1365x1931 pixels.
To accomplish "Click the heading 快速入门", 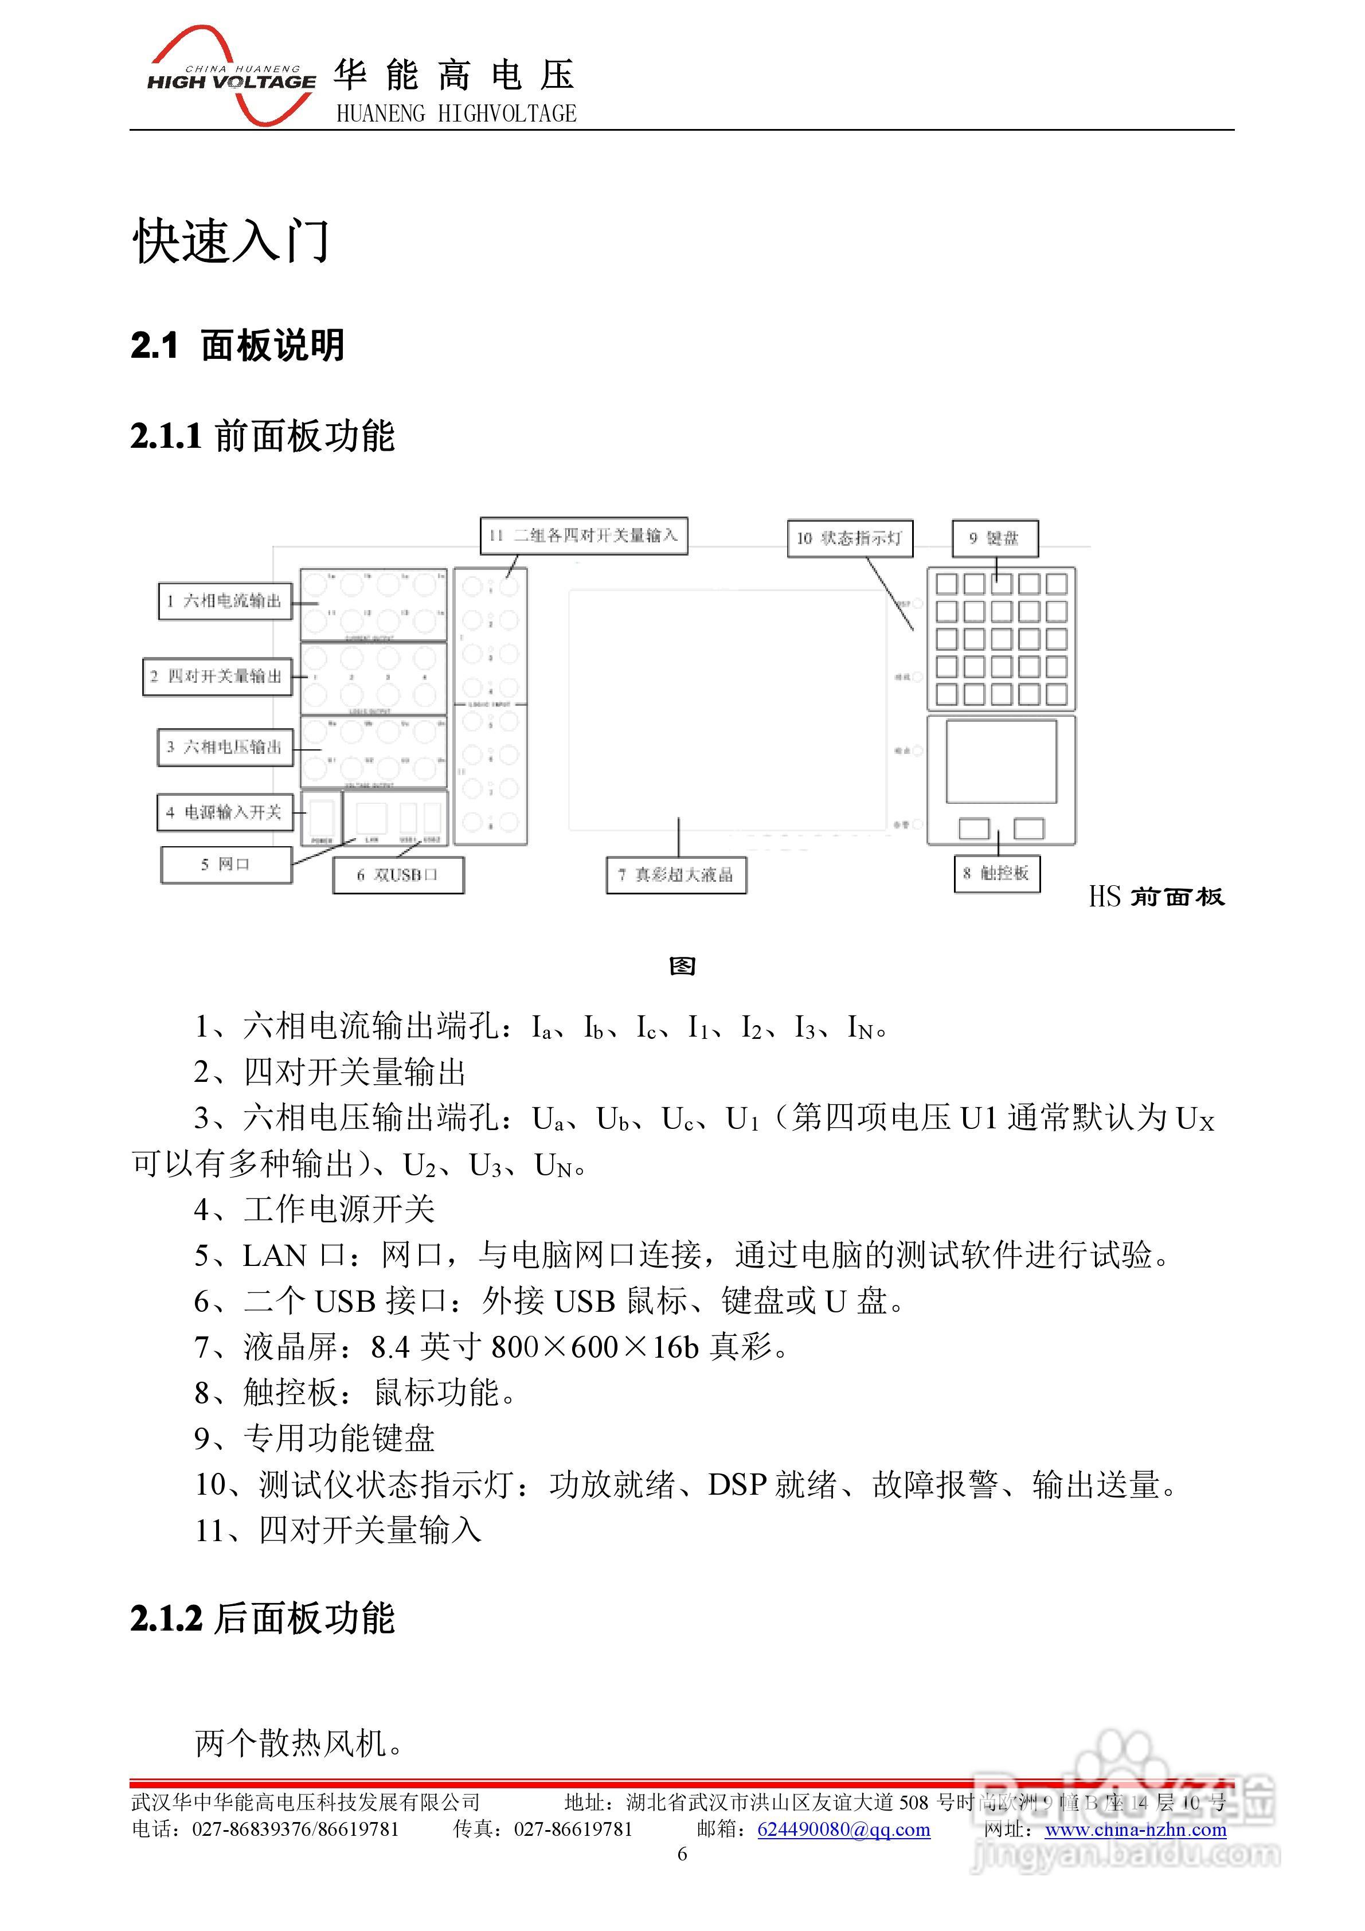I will coord(231,241).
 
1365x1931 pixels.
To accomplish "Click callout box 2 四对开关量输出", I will coord(217,676).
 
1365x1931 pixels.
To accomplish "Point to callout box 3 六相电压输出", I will coord(225,747).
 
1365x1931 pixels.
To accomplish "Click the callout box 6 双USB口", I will coord(398,875).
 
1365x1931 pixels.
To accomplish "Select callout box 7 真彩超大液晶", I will coord(676,875).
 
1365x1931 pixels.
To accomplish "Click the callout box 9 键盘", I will coord(995,538).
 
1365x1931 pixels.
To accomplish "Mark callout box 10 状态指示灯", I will coord(850,538).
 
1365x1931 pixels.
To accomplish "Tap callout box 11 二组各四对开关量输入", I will coord(584,535).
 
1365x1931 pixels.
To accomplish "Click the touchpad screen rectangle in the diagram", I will coord(1001,761).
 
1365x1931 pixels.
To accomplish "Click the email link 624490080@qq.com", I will coord(843,1830).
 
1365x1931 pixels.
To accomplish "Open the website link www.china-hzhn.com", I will coord(1135,1830).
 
